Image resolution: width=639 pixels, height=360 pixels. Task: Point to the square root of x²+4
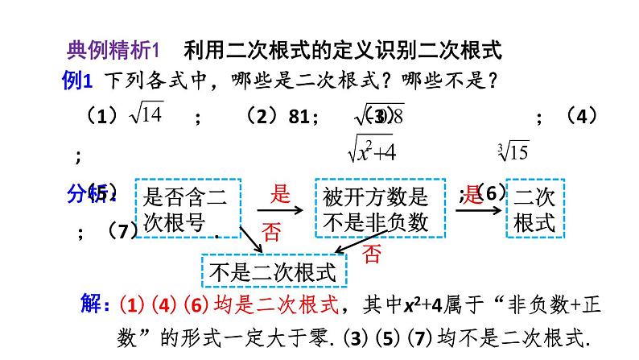(370, 149)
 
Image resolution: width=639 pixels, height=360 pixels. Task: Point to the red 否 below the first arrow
(272, 234)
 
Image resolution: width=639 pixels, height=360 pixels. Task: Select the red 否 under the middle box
(371, 254)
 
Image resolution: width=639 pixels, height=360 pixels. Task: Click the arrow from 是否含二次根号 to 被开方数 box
(278, 211)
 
